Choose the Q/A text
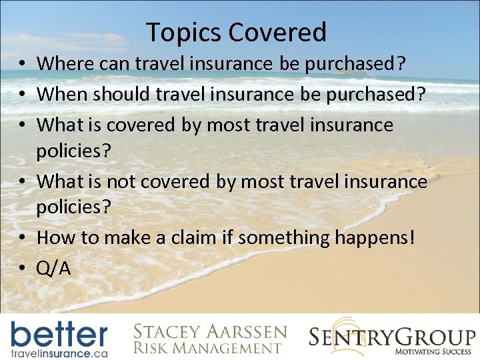click(x=54, y=267)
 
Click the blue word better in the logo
click(x=59, y=333)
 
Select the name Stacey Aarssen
click(x=210, y=331)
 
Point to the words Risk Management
click(x=206, y=347)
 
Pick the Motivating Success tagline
click(x=433, y=351)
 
